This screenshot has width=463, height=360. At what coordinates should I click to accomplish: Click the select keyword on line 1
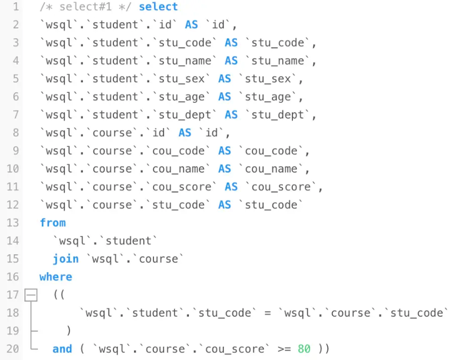(158, 7)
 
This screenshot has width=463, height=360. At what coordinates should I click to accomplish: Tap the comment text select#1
(86, 7)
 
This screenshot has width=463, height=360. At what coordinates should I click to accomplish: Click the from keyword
(53, 223)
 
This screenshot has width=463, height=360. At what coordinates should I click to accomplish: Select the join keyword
(66, 259)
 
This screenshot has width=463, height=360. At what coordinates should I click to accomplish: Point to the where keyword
(56, 277)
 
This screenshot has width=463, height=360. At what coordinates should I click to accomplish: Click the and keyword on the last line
(62, 349)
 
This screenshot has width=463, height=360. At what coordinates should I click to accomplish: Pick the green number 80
(304, 349)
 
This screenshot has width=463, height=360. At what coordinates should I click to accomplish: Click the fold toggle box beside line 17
(31, 295)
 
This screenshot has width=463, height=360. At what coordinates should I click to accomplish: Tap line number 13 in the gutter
(13, 223)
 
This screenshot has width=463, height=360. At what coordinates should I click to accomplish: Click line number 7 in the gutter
(16, 115)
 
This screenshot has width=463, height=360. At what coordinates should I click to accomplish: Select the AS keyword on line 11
(231, 187)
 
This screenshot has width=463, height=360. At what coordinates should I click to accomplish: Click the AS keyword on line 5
(225, 78)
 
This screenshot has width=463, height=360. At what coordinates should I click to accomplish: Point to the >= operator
(285, 349)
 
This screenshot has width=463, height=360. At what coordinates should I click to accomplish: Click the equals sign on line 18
(268, 313)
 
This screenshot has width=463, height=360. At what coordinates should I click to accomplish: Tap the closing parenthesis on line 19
(69, 331)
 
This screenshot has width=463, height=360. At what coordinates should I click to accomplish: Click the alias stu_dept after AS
(277, 115)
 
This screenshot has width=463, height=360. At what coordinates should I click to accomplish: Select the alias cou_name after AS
(271, 169)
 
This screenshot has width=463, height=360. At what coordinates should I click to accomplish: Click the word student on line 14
(128, 241)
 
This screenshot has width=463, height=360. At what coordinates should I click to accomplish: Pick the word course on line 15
(158, 259)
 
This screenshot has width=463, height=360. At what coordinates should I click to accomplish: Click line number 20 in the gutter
(13, 349)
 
